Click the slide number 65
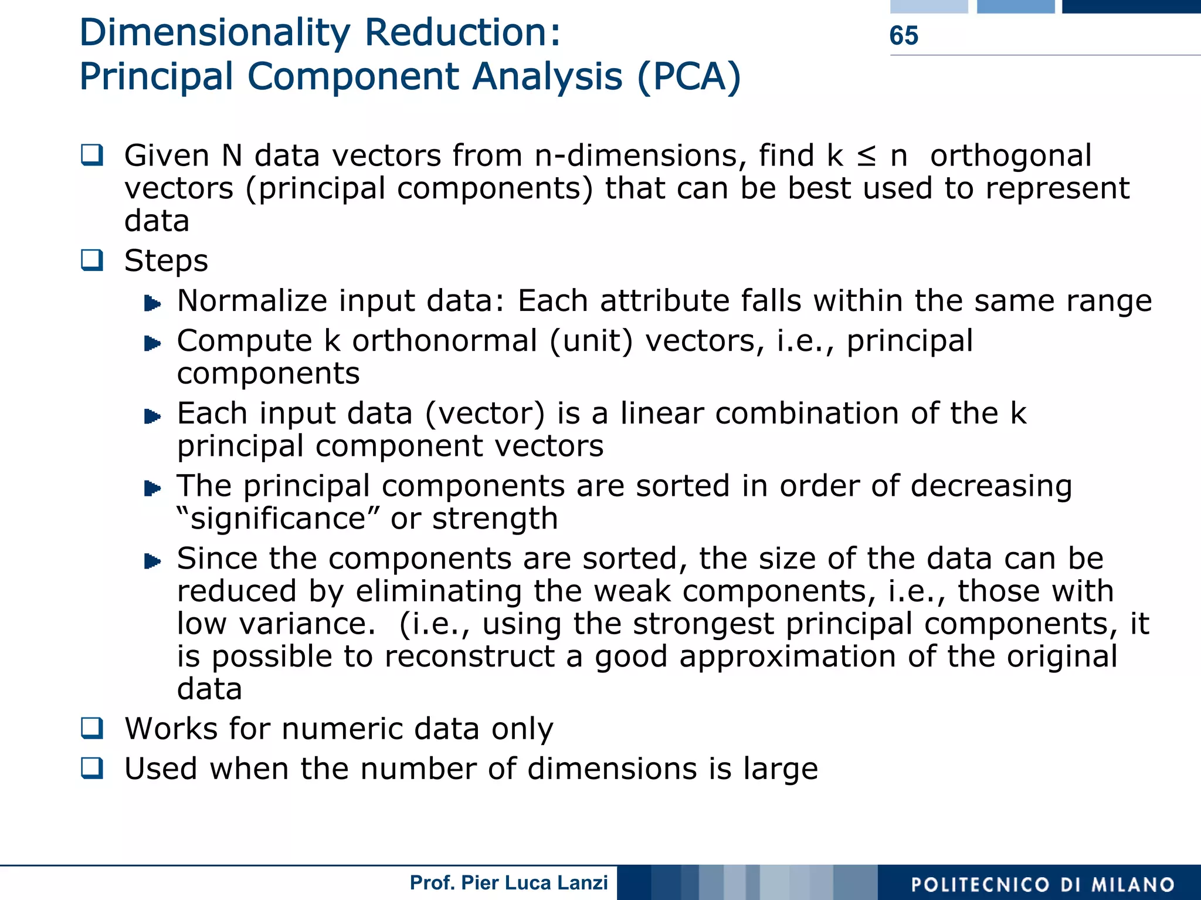[x=903, y=36]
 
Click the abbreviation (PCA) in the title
[x=689, y=77]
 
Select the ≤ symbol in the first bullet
[x=866, y=156]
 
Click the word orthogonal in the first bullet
[x=1010, y=156]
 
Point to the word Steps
[x=166, y=260]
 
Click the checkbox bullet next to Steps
[x=92, y=260]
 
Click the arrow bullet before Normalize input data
[x=152, y=303]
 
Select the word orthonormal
[x=444, y=341]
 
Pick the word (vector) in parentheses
[x=484, y=414]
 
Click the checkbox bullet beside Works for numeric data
[x=92, y=728]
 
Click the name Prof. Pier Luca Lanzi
[x=508, y=882]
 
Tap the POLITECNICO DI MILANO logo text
[x=1043, y=885]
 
